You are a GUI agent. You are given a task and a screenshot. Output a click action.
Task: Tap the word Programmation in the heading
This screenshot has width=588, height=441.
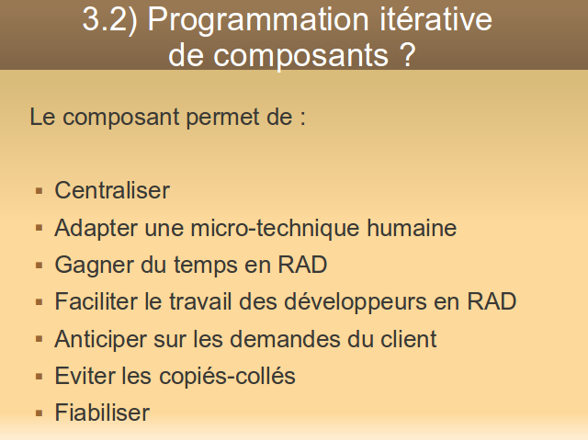258,21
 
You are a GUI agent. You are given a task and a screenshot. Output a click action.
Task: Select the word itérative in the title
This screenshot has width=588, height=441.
435,18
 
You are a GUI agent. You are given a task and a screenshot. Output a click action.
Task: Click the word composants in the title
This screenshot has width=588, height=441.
300,56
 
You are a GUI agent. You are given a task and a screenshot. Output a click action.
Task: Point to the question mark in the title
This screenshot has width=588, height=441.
407,55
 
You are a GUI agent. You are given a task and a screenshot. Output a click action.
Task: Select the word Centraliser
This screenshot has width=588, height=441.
112,190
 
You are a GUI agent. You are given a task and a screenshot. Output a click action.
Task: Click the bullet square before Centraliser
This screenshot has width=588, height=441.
39,191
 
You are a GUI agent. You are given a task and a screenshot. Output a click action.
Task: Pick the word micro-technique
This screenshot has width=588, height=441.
275,228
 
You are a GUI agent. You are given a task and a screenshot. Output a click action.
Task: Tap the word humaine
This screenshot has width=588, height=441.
412,228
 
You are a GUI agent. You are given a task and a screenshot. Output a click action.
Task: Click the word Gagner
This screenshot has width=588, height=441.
94,266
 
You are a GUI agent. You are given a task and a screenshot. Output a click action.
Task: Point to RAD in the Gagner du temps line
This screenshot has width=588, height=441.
302,265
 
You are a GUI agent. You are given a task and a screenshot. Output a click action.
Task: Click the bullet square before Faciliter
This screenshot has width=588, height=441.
39,302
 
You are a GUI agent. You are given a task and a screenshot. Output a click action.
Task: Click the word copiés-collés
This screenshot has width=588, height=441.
227,377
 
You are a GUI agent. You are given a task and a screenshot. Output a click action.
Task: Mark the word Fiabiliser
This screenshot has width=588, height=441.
102,413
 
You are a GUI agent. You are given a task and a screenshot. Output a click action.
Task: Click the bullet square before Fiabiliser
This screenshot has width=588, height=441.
39,413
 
